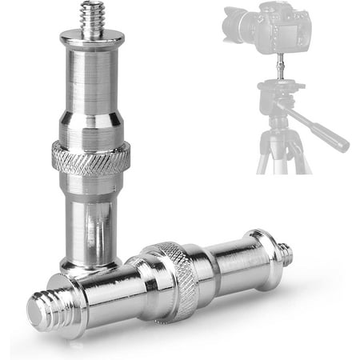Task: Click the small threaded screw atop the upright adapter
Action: pyautogui.click(x=94, y=20)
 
